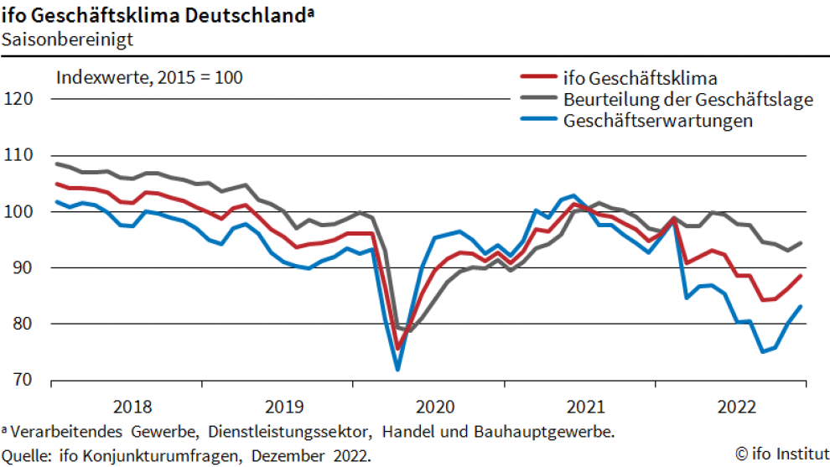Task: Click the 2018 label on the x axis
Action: click(132, 407)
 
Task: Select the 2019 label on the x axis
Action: click(283, 407)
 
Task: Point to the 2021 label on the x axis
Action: click(585, 407)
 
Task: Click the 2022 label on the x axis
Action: click(736, 407)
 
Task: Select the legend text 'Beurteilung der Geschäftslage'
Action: click(688, 100)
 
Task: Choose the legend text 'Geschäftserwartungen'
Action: click(658, 121)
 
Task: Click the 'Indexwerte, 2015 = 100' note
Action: click(149, 78)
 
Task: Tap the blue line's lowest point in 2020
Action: click(397, 369)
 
